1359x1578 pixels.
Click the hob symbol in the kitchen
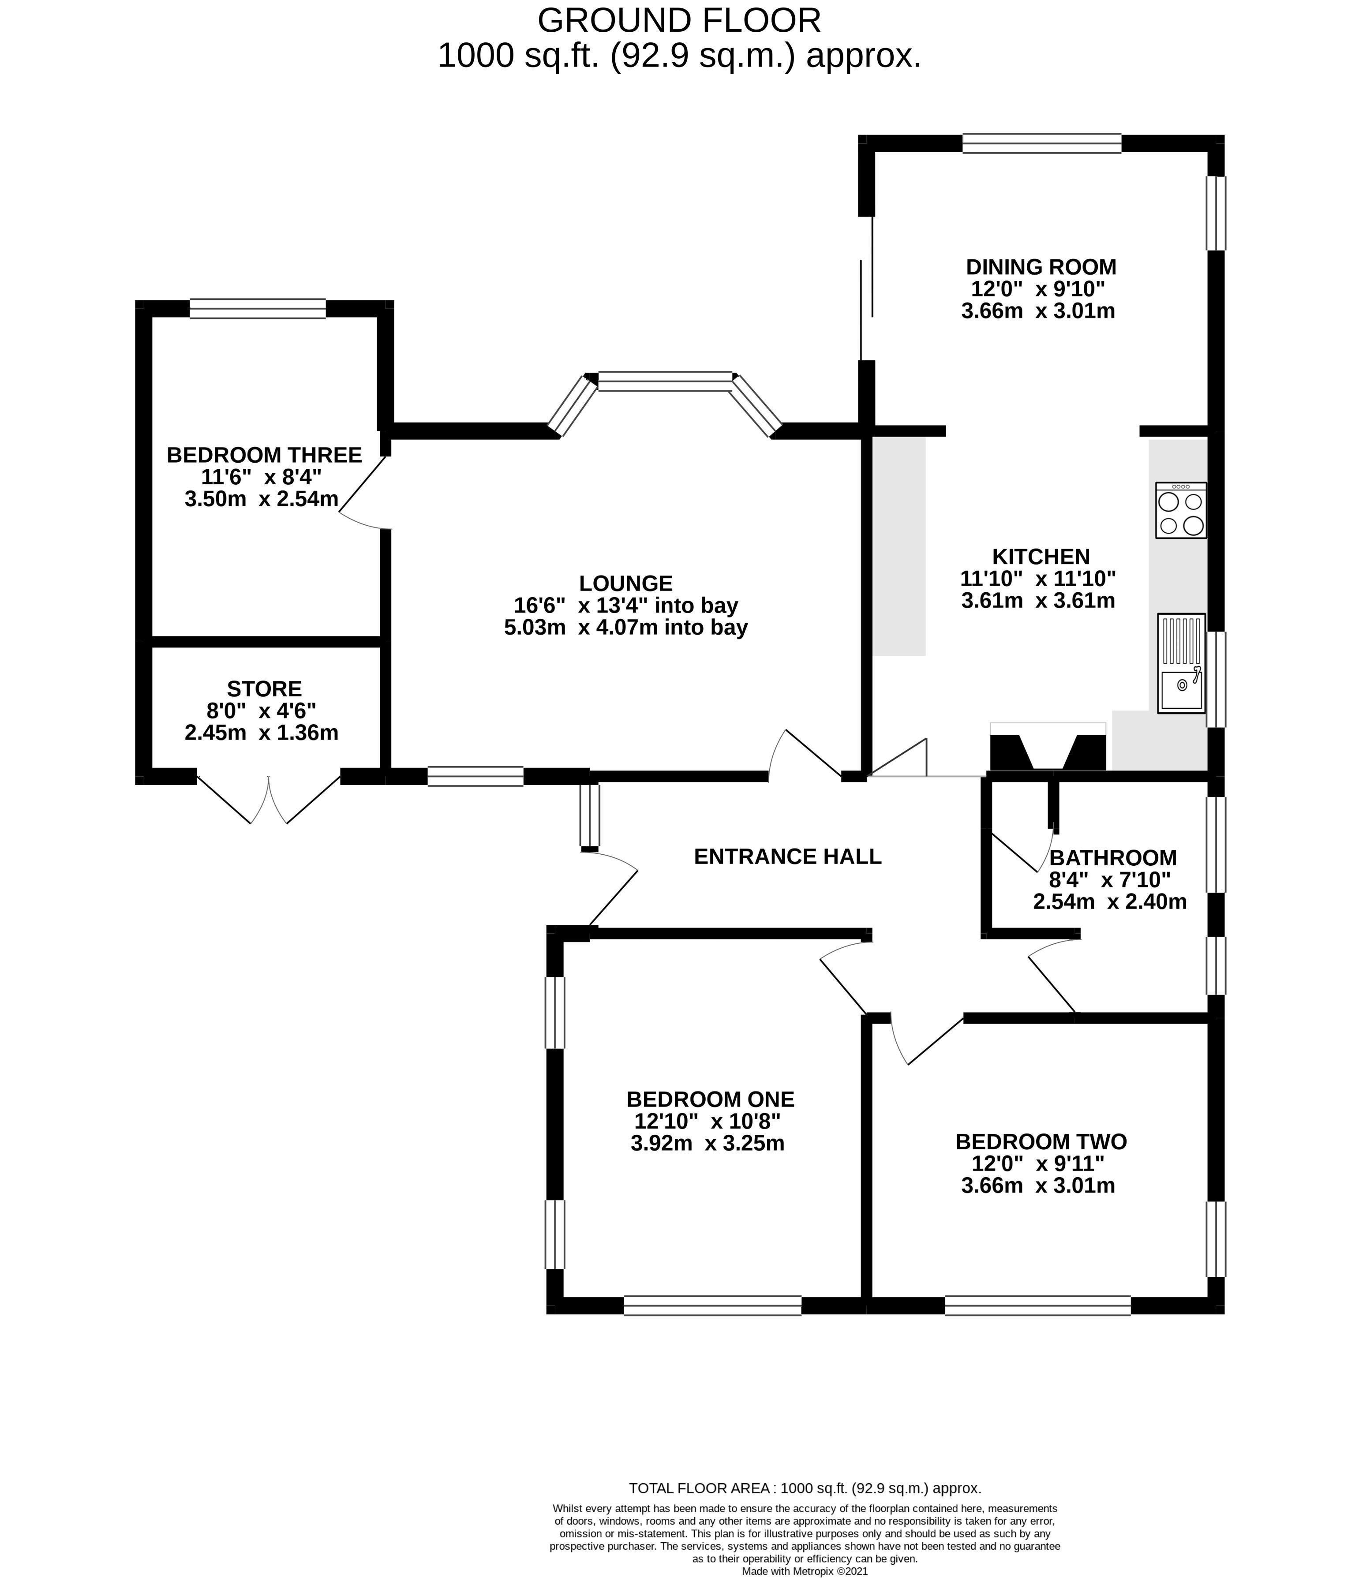[x=1180, y=510]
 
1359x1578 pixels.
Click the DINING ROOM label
[x=1041, y=267]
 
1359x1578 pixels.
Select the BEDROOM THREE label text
[x=264, y=456]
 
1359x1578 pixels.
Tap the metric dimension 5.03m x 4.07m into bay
[x=625, y=628]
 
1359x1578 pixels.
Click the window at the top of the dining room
[x=1041, y=143]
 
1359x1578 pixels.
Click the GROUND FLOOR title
[x=679, y=21]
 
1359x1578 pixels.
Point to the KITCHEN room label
[x=1041, y=557]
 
